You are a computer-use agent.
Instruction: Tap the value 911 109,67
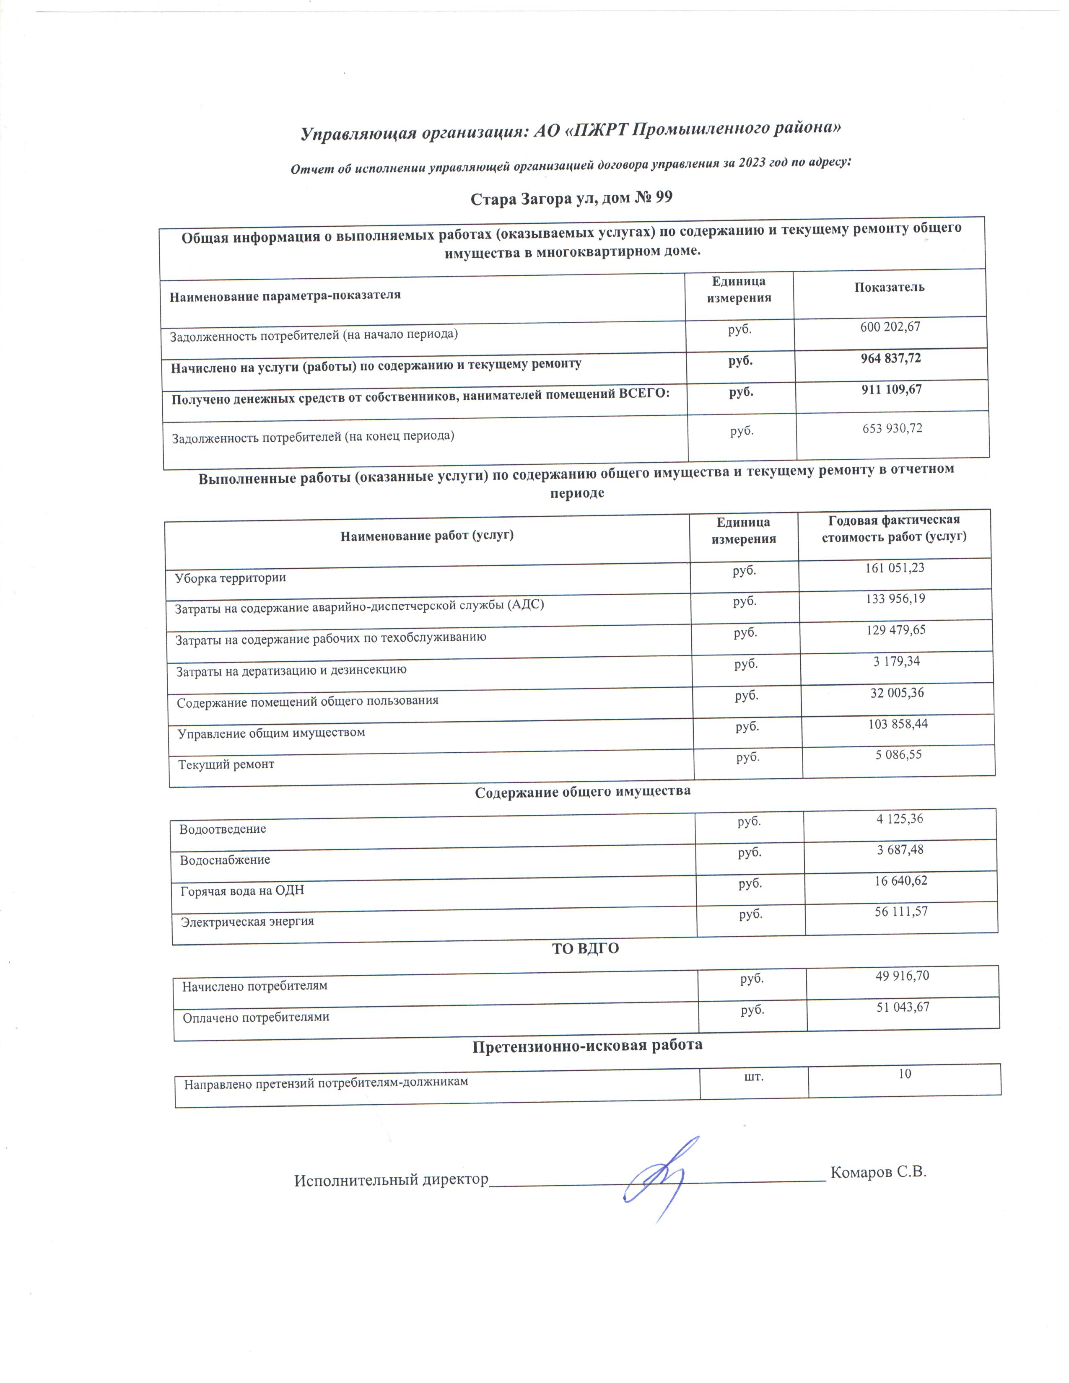pyautogui.click(x=891, y=389)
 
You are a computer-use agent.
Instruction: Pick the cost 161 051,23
pyautogui.click(x=894, y=568)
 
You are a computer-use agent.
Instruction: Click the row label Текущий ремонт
pyautogui.click(x=226, y=765)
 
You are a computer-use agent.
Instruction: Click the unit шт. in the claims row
pyautogui.click(x=752, y=1076)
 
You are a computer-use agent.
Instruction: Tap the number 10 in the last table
pyautogui.click(x=904, y=1074)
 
